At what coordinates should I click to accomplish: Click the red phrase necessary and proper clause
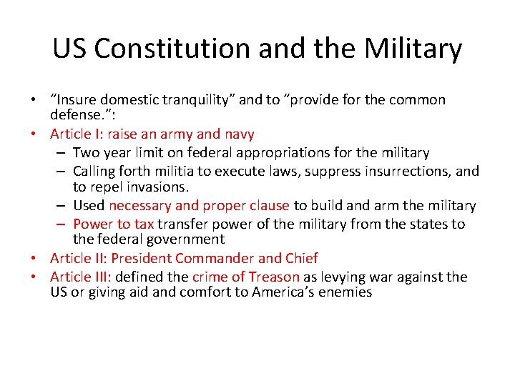tap(199, 206)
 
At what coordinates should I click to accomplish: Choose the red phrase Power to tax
tap(113, 224)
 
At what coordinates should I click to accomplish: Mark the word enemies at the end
tap(346, 292)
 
